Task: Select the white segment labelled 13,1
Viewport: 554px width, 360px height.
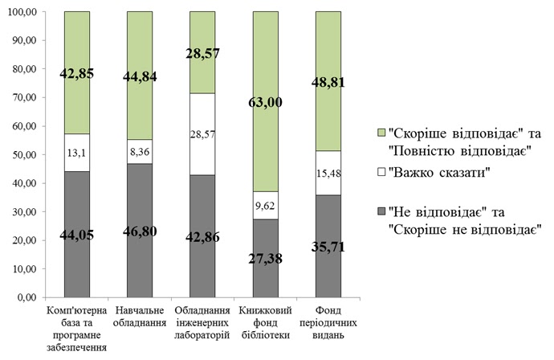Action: [x=88, y=153]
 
